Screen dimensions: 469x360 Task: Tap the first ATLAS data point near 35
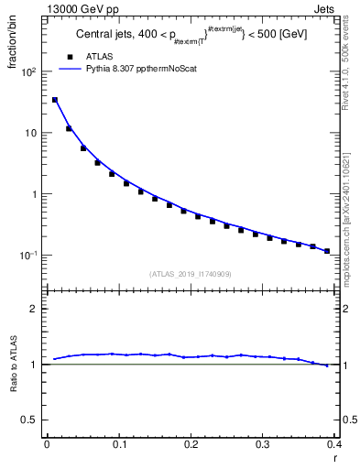pos(55,100)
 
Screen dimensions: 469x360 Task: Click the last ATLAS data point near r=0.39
pos(327,250)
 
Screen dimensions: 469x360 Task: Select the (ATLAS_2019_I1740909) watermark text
pos(191,274)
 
